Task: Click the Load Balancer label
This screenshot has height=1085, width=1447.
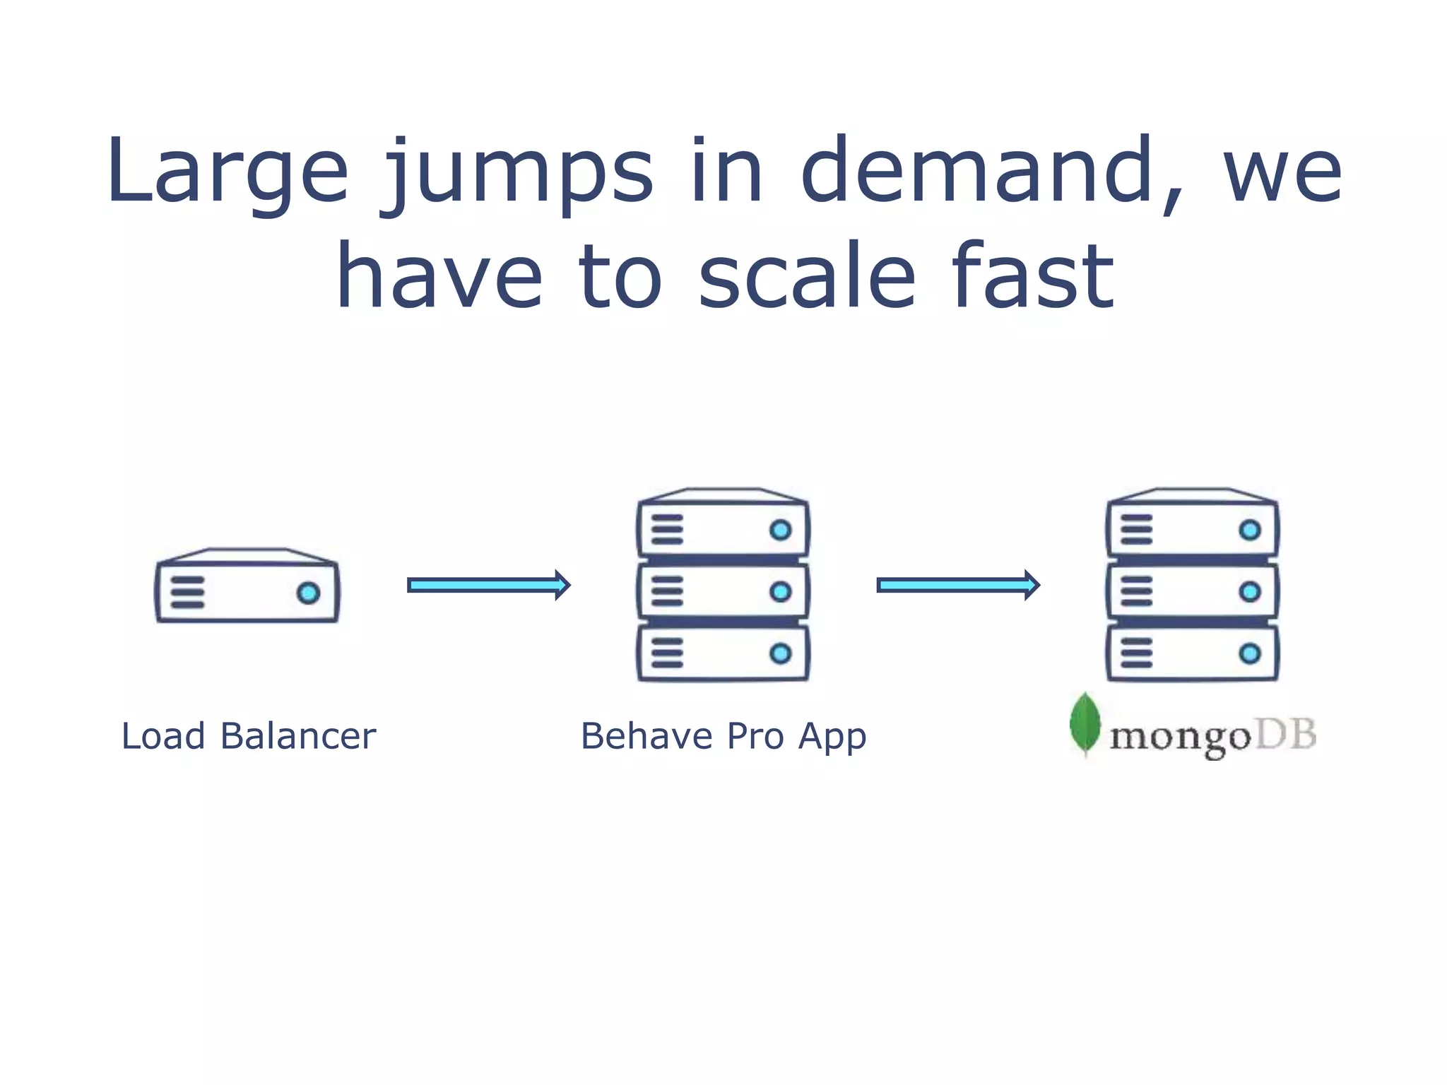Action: tap(249, 736)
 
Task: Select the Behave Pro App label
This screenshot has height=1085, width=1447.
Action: tap(723, 736)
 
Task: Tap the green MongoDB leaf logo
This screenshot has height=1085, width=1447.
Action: tap(1085, 724)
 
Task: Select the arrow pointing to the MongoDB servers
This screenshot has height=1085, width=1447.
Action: tap(958, 585)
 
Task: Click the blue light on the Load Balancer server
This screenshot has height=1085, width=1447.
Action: tap(308, 593)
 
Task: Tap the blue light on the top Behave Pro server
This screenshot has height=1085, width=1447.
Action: tap(780, 530)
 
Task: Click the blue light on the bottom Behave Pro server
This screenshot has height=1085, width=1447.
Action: tap(780, 653)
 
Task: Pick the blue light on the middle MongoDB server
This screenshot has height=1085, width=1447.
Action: tap(1249, 591)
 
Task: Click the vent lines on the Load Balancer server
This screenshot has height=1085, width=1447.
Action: tap(187, 592)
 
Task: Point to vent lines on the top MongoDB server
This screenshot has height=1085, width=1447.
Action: tap(1136, 530)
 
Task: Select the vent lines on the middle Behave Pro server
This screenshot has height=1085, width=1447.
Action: tap(667, 591)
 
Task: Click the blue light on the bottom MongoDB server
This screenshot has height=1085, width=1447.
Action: tap(1249, 653)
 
